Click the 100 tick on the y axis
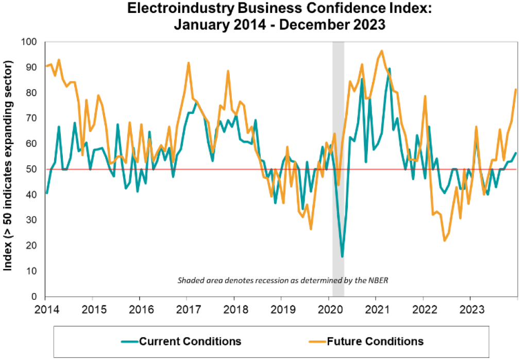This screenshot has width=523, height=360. (31, 42)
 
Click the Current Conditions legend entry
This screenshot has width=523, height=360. (190, 341)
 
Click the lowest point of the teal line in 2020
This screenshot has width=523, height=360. (342, 256)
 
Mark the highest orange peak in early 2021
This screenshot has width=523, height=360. (381, 51)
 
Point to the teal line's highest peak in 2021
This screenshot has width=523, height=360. (389, 68)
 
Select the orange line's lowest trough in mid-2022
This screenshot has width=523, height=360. (444, 241)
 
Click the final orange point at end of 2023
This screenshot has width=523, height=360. (516, 90)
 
